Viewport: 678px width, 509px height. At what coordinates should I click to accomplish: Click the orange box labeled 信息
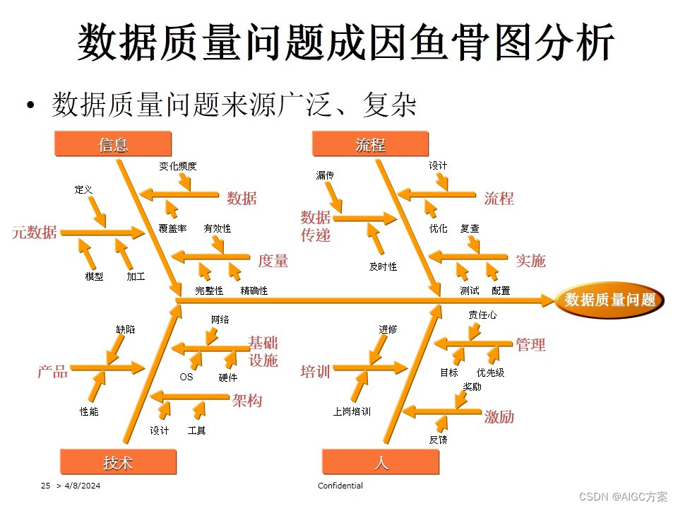(x=113, y=145)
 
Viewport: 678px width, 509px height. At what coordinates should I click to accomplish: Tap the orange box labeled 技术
(x=118, y=462)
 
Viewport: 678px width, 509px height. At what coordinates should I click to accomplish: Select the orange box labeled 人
(x=381, y=462)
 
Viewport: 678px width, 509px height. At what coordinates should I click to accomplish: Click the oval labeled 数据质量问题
(x=610, y=300)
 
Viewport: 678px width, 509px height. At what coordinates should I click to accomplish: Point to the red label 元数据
(x=35, y=232)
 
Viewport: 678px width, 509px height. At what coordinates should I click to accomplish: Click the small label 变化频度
(x=177, y=166)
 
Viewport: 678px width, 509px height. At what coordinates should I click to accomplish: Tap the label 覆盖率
(x=172, y=228)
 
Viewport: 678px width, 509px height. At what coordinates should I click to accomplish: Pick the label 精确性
(x=254, y=291)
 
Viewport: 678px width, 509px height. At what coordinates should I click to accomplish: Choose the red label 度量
(x=273, y=261)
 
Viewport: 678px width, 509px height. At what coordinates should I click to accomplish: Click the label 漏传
(x=325, y=175)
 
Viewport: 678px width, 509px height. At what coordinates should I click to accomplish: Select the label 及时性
(x=383, y=267)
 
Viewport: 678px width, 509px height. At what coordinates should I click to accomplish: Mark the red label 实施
(x=530, y=260)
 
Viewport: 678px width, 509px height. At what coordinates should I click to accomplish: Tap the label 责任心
(x=482, y=315)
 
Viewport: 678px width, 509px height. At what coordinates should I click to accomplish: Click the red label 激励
(x=499, y=417)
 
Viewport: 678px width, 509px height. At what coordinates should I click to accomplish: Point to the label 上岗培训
(x=352, y=411)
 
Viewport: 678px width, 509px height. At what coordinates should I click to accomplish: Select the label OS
(x=186, y=377)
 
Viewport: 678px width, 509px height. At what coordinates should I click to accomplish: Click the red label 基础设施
(x=263, y=351)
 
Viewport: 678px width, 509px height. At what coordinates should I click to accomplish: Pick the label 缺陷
(x=126, y=329)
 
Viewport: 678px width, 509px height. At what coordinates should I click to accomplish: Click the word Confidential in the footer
(x=340, y=486)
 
